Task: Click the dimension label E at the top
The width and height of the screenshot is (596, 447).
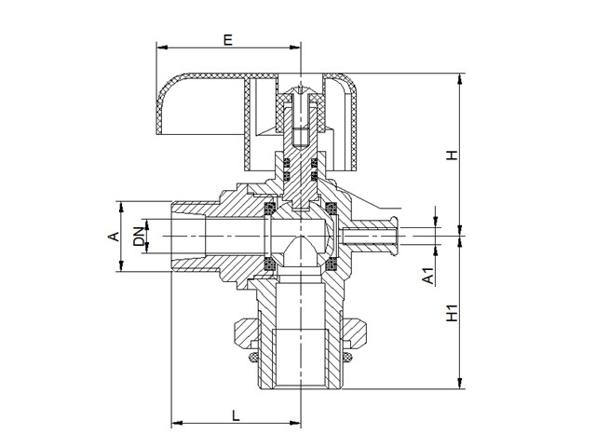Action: (227, 39)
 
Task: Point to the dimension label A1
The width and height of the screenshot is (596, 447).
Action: (427, 277)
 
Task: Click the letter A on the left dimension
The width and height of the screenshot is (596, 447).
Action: (113, 237)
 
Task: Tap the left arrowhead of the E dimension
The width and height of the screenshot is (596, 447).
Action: (160, 47)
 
